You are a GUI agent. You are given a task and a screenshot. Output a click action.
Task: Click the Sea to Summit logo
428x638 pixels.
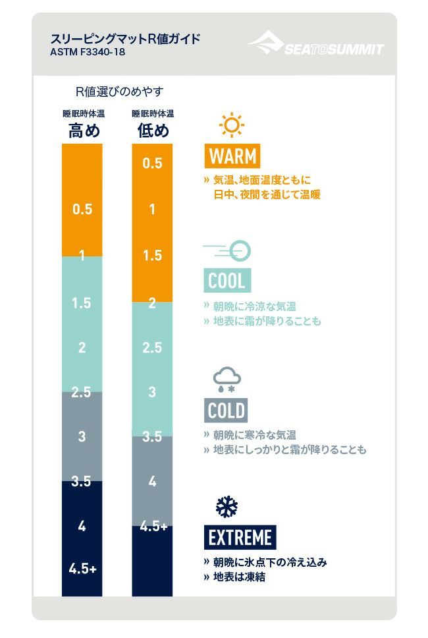pos(315,45)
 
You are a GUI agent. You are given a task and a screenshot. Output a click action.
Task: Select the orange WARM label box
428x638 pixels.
pos(231,156)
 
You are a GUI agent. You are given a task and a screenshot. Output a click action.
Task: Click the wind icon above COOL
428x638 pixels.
pos(228,250)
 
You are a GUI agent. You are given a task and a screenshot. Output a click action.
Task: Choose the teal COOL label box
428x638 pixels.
pos(227,281)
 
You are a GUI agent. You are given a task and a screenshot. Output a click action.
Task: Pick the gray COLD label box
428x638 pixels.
pos(227,411)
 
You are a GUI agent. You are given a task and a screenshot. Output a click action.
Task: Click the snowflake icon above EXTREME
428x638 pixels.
pos(227,507)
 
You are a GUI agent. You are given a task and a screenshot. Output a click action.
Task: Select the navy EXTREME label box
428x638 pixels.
pos(240,538)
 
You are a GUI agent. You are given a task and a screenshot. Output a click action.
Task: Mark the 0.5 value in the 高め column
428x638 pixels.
pos(82,210)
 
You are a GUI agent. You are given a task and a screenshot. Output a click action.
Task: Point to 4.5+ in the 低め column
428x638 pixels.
pos(152,527)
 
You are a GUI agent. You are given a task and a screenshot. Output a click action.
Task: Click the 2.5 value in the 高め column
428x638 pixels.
pos(82,393)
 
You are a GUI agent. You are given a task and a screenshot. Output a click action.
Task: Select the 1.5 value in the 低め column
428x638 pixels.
pos(152,256)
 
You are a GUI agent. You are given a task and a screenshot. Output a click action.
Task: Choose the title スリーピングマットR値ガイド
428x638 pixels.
pos(126,38)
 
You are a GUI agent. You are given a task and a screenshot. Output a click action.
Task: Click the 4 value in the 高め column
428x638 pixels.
pos(82,527)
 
